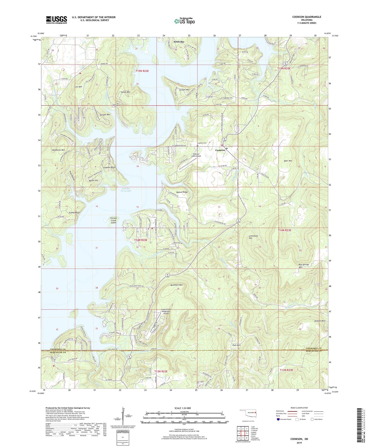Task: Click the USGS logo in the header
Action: [x=56, y=20]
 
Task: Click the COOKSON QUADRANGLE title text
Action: [x=307, y=17]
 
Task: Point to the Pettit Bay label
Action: [x=179, y=42]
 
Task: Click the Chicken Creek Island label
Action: [x=113, y=220]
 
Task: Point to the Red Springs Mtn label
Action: [x=304, y=266]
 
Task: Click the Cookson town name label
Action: [x=220, y=150]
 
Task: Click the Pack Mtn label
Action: [x=236, y=345]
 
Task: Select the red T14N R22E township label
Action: [x=141, y=240]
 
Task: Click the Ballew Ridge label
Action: [x=182, y=192]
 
